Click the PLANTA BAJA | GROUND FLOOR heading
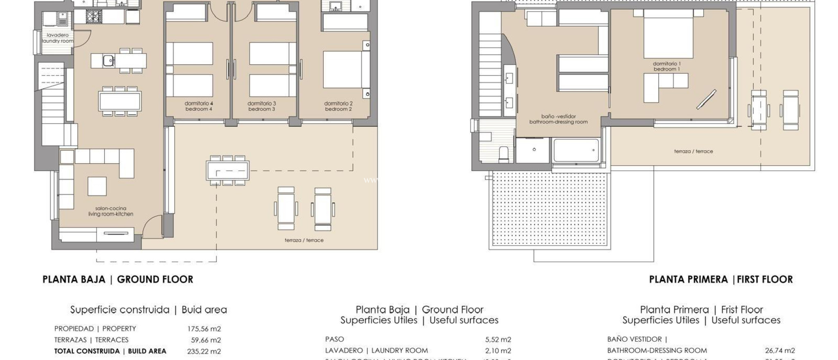118,279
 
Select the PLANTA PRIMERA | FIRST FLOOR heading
721,279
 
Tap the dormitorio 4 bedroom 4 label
199,106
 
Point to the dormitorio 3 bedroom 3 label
262,106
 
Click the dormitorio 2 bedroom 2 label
338,106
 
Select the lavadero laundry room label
58,38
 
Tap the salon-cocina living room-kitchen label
110,211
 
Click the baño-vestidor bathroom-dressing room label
558,119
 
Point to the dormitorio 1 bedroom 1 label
667,66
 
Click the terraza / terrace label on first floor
693,151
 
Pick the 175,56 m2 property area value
204,329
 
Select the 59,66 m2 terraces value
205,340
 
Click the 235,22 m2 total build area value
204,351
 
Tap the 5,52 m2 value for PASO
498,339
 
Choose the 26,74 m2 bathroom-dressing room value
780,351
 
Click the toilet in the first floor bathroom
505,154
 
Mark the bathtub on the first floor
575,151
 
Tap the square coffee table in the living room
97,186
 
